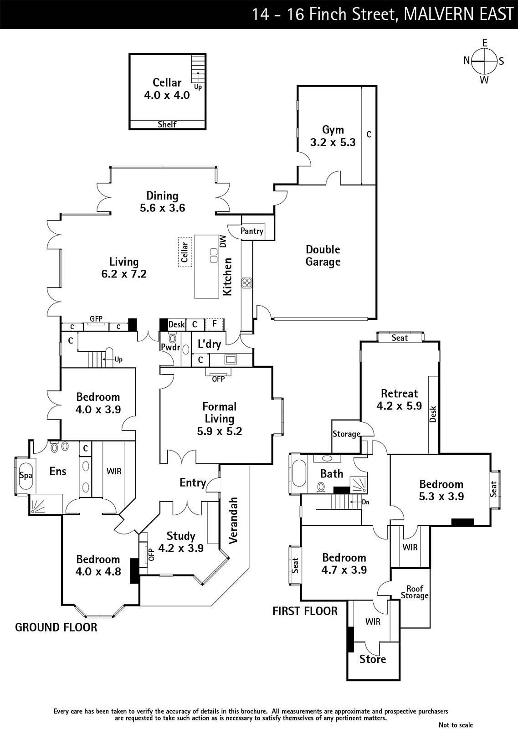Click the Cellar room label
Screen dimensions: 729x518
coord(167,82)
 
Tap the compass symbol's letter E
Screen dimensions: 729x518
coord(484,43)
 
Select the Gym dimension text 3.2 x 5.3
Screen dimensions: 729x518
coord(333,143)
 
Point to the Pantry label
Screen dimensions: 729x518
coord(252,231)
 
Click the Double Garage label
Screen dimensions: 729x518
coord(323,256)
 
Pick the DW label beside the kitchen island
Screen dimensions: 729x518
coord(223,241)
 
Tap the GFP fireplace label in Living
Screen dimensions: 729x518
coord(96,319)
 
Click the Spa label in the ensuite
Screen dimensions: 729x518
coord(26,475)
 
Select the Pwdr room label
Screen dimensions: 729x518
coord(171,347)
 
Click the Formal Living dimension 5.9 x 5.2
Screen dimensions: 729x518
coord(219,431)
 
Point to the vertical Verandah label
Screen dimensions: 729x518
coord(233,520)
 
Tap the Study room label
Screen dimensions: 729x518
coord(181,536)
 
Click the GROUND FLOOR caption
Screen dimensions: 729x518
coord(56,627)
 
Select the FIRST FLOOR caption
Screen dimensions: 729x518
coord(305,611)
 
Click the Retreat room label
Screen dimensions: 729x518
coord(399,393)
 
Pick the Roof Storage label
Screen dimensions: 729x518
coord(415,592)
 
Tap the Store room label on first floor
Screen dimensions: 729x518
coord(372,659)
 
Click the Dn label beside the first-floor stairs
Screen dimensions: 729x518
coord(365,502)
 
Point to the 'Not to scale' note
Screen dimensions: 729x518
coord(456,725)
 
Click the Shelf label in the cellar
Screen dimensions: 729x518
coord(167,124)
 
